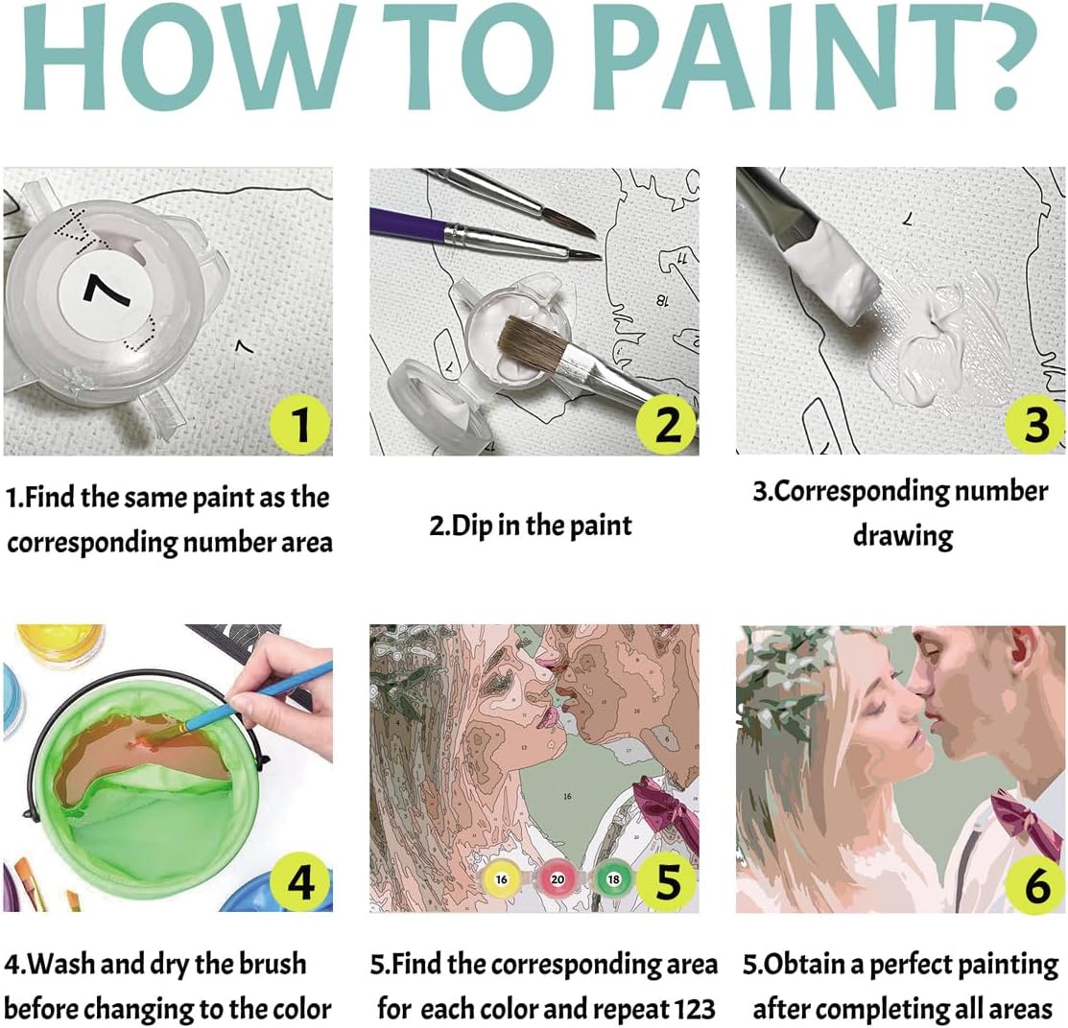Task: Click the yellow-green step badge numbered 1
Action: click(x=299, y=424)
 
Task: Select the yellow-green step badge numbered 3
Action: click(x=1034, y=424)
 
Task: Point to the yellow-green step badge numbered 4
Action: click(x=299, y=882)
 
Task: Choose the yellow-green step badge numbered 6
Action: click(x=1034, y=884)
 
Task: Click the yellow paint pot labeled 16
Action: click(x=501, y=878)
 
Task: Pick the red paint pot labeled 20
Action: click(x=558, y=878)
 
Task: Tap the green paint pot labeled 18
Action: click(x=613, y=878)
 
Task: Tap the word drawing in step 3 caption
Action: click(x=903, y=535)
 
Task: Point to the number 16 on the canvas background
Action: click(x=567, y=795)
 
